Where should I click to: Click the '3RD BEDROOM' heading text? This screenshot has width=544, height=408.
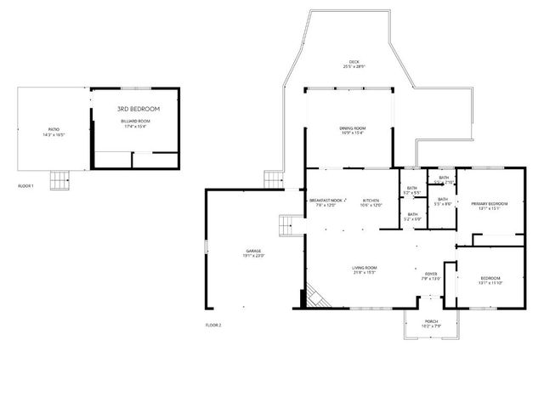[x=138, y=109]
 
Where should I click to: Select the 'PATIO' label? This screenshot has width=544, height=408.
[x=54, y=130]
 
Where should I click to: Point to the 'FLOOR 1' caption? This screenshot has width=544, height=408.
[x=25, y=185]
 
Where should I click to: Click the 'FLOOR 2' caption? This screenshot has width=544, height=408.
[x=212, y=325]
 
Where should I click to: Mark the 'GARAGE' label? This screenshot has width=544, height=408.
[x=253, y=251]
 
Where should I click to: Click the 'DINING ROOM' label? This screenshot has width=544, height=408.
[x=352, y=127]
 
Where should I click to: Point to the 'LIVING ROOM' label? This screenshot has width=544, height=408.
[x=365, y=268]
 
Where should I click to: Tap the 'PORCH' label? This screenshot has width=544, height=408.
[x=431, y=321]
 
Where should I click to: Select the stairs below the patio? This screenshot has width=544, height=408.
[x=59, y=179]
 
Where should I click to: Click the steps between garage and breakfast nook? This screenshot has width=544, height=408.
[x=287, y=227]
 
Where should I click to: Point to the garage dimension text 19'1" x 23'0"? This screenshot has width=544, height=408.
[x=253, y=256]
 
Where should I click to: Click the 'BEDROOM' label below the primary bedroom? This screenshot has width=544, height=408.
[x=490, y=278]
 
